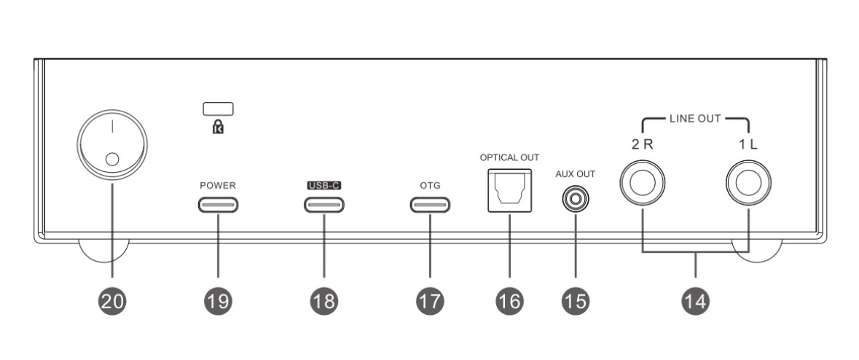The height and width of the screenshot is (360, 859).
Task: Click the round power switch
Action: tap(111, 149)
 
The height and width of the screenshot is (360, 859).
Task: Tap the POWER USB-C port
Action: tap(218, 203)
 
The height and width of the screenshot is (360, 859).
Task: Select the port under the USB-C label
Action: tap(323, 203)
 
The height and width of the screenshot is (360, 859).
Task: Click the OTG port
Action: tap(429, 203)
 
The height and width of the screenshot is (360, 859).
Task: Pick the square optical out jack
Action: tap(509, 190)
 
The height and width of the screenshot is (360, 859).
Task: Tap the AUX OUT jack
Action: tap(575, 198)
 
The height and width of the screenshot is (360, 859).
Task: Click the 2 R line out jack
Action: tap(642, 181)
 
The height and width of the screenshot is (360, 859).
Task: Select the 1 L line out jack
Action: tap(748, 181)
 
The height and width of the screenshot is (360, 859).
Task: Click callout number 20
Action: tap(111, 300)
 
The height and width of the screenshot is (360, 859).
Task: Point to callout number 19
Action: tap(218, 300)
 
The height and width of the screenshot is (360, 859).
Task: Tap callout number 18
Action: tap(323, 300)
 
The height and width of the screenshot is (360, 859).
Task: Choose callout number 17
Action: tap(429, 300)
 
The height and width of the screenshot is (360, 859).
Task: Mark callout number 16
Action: tap(509, 300)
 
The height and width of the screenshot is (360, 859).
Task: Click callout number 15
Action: tap(575, 300)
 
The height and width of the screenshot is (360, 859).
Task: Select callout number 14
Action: tap(696, 300)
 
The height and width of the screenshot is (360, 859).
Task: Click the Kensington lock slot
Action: tap(218, 109)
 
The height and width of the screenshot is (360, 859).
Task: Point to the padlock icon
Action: tap(218, 126)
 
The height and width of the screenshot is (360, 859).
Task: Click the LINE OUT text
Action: tap(695, 118)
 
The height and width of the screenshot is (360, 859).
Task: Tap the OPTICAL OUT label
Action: tap(509, 157)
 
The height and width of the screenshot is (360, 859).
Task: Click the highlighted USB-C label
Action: tap(323, 185)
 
